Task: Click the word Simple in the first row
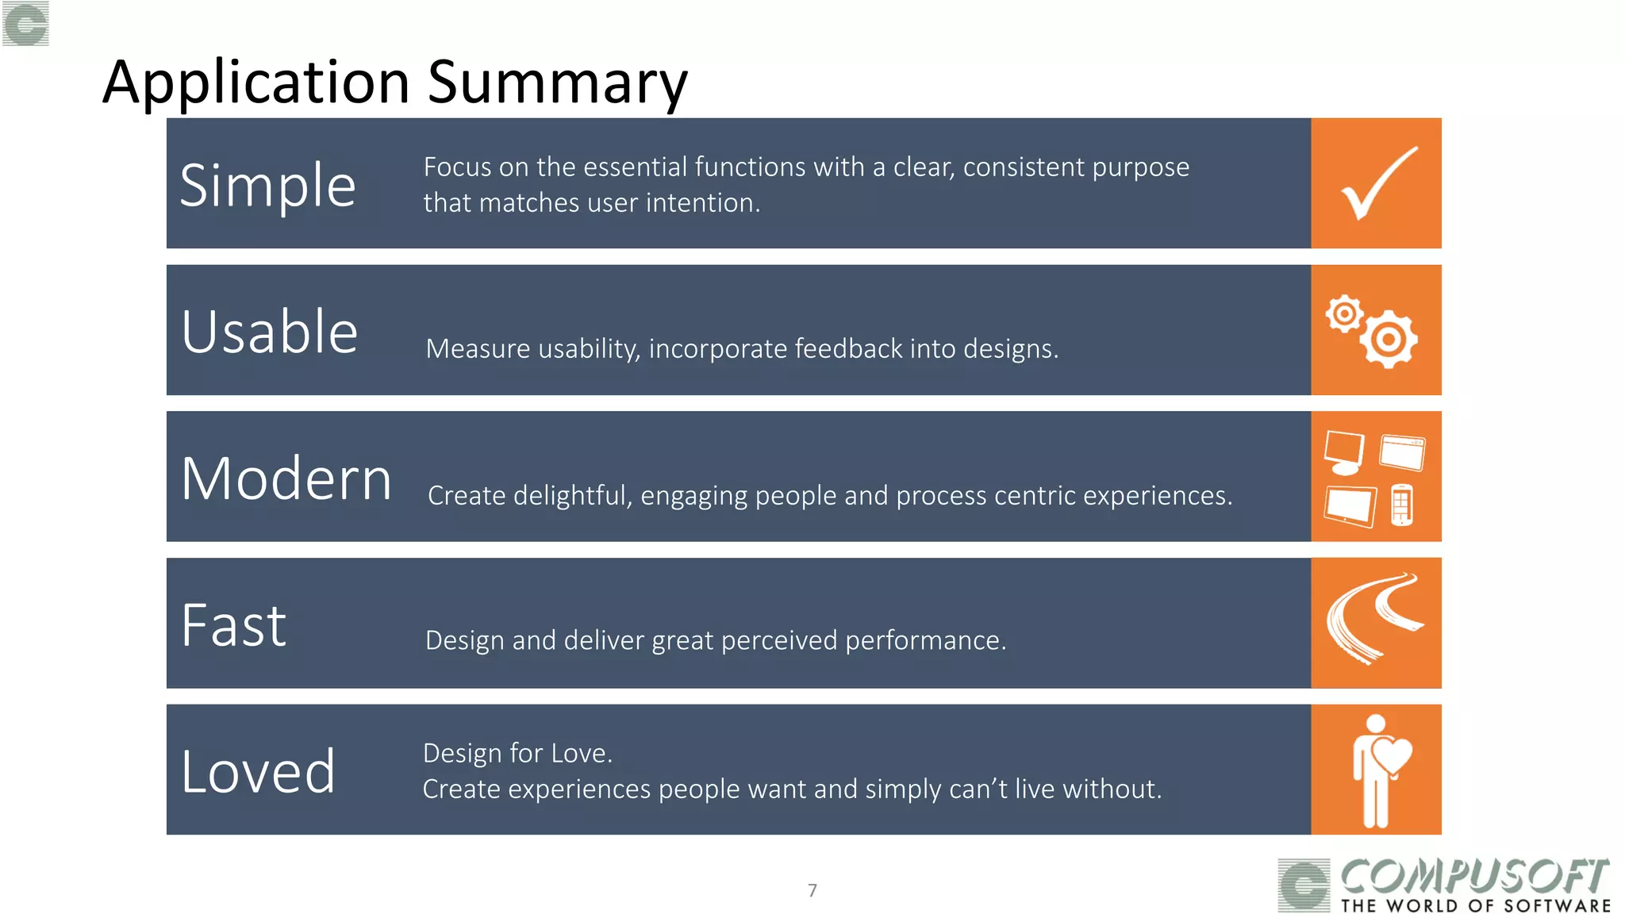[x=267, y=186]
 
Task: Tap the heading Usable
[x=269, y=332]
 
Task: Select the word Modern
[x=286, y=478]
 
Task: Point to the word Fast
[x=233, y=626]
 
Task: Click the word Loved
[x=258, y=772]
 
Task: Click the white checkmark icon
[x=1378, y=183]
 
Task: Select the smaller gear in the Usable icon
[x=1344, y=314]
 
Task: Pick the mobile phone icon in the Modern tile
[x=1402, y=505]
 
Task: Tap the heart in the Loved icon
[x=1392, y=755]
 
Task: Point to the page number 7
[x=812, y=890]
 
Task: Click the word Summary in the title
[x=557, y=82]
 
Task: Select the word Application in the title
[x=256, y=83]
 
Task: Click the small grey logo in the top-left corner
[x=25, y=23]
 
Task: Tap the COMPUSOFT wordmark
[x=1474, y=877]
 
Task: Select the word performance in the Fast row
[x=925, y=640]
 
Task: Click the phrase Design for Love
[x=517, y=753]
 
